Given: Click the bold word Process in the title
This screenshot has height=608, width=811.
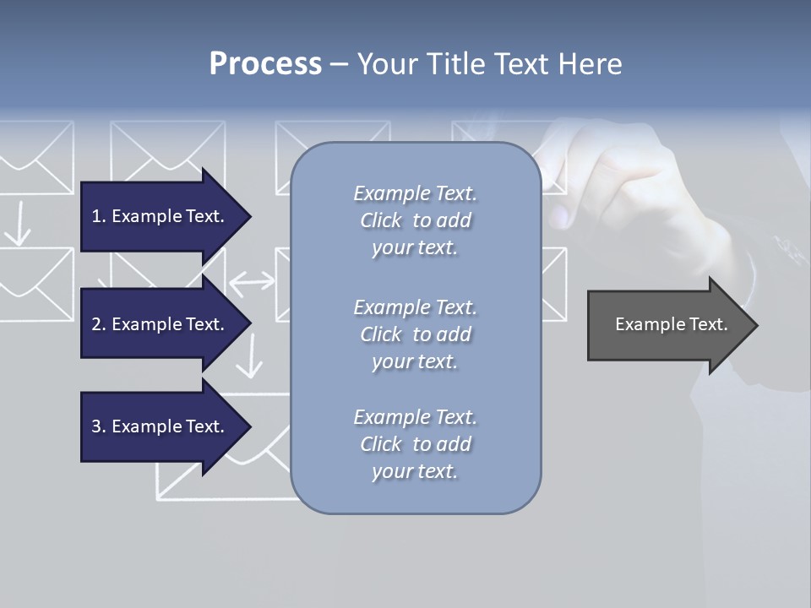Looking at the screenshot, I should [x=265, y=64].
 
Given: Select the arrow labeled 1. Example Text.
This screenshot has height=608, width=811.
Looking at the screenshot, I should [x=161, y=216].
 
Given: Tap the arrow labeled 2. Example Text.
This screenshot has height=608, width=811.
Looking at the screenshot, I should [x=161, y=324].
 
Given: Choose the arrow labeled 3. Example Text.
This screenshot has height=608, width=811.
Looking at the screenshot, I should [x=161, y=426].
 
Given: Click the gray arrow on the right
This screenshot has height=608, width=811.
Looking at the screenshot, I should [x=667, y=325].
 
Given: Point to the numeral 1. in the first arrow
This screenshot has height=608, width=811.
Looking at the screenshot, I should [x=99, y=216].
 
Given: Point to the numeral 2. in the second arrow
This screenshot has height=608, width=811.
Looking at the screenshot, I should [x=99, y=324].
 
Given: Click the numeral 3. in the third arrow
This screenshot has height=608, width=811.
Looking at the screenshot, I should [x=99, y=426].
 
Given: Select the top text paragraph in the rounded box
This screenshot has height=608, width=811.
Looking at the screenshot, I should [x=415, y=220].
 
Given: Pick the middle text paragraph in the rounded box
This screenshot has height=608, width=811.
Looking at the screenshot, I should [x=415, y=334].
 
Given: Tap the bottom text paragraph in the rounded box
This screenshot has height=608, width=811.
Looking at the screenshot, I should [x=415, y=444].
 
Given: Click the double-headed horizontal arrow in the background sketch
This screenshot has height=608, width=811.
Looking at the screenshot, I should [x=253, y=284].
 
